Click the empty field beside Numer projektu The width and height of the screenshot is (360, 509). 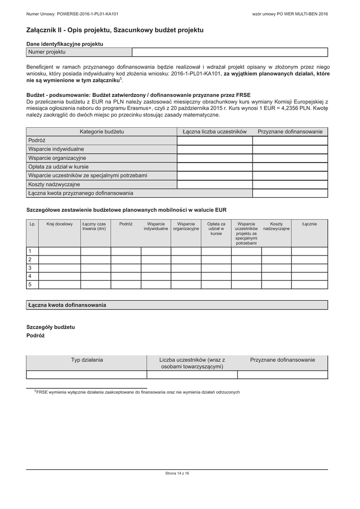230,52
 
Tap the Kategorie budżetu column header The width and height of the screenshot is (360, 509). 102,132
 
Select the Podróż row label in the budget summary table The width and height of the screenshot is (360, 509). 37,141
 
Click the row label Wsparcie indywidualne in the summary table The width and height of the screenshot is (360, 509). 56,149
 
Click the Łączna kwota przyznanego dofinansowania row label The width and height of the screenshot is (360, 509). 81,193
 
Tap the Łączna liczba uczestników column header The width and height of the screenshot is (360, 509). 215,132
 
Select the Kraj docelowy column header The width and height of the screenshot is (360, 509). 60,224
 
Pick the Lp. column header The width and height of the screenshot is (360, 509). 32,224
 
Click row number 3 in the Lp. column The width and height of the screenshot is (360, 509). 30,267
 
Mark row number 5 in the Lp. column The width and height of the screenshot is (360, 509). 30,284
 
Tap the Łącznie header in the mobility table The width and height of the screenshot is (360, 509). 309,224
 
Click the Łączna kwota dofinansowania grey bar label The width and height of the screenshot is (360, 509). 67,305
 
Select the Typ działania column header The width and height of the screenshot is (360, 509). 87,359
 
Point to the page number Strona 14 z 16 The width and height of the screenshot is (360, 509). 177,473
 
